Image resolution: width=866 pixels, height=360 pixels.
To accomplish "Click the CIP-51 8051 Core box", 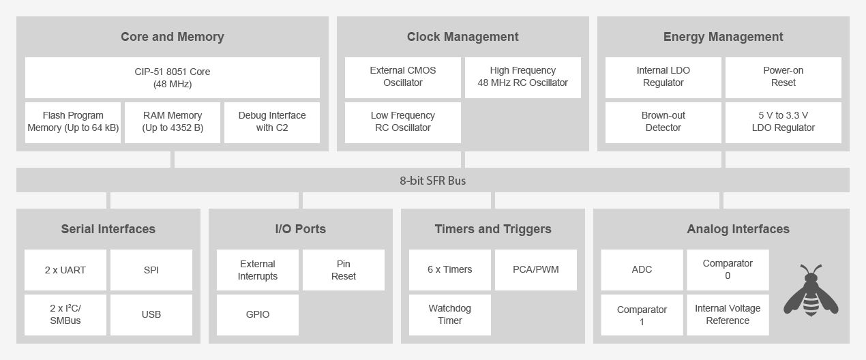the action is (173, 78).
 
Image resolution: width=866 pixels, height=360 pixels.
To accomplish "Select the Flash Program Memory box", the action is (73, 123).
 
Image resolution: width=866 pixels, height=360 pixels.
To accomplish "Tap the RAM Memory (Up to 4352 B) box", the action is (173, 123).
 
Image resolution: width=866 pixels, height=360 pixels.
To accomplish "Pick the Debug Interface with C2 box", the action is (272, 123).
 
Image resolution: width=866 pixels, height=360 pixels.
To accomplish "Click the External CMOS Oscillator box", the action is (403, 78).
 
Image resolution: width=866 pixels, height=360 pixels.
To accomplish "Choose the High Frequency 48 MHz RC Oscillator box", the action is (523, 78).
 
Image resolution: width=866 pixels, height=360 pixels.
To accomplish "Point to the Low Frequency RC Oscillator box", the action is (403, 123).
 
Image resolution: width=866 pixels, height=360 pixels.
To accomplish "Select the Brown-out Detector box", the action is (663, 123).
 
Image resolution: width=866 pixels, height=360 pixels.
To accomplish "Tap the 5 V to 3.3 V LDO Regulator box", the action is (783, 123).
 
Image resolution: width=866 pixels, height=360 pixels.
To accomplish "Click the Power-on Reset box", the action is (783, 78).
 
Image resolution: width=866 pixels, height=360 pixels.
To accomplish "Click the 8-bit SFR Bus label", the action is (432, 181).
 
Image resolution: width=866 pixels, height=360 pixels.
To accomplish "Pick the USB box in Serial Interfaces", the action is (151, 315).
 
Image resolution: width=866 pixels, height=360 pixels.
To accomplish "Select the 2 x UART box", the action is (65, 270).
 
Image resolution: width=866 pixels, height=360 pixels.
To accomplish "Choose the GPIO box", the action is (258, 315).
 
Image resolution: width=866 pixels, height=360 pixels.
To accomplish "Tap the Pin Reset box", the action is (343, 270).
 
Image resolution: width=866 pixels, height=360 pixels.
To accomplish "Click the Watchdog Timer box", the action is (450, 315).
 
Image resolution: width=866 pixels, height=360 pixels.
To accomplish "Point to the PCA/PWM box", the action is (536, 270).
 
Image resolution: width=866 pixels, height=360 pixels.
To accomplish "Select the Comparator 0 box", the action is (728, 270).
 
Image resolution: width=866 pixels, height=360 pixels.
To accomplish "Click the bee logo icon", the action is (811, 290).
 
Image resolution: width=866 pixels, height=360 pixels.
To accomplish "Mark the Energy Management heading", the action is (723, 37).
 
